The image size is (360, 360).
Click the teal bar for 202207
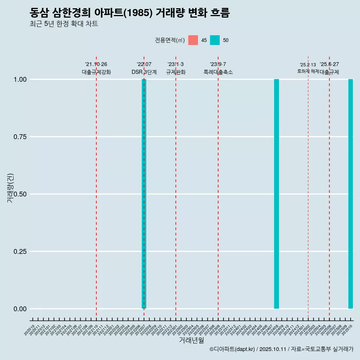[144, 194]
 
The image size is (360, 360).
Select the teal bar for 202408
[276, 194]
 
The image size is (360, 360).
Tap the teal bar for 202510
[351, 194]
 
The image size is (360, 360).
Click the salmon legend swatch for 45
[193, 40]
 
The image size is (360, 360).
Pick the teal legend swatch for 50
[215, 40]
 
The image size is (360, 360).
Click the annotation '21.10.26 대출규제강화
[96, 68]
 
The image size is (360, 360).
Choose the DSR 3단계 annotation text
[144, 72]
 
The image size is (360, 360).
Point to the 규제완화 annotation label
[175, 72]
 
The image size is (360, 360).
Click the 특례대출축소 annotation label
[218, 72]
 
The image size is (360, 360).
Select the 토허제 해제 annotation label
[308, 71]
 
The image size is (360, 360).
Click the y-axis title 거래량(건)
[10, 188]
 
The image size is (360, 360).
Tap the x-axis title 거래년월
[191, 340]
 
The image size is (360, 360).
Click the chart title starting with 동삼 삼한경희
[129, 13]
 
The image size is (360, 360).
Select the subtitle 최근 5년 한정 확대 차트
[64, 24]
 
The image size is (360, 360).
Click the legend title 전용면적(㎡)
[169, 40]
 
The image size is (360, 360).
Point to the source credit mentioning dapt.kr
[281, 349]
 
